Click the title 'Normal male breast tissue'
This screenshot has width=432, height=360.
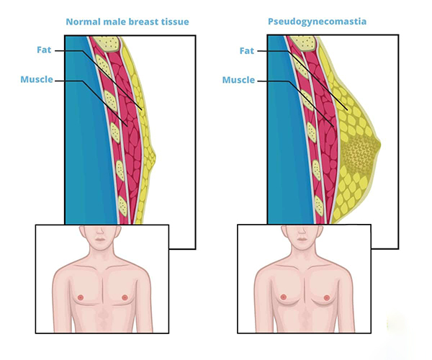coord(127,22)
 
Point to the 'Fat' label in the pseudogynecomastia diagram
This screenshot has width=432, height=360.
coord(246,50)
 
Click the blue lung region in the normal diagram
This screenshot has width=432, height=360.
coord(79,130)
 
